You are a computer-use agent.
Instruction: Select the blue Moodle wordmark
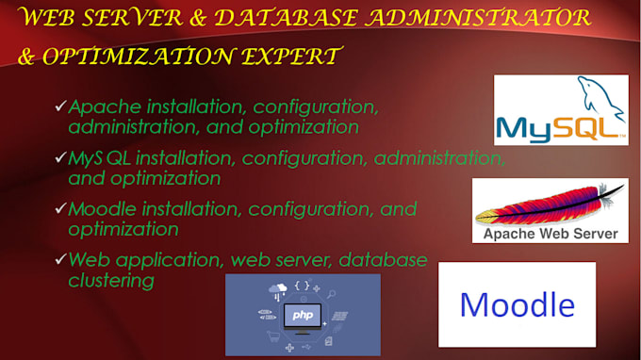[518, 304]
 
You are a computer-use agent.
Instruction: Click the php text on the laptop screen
[303, 315]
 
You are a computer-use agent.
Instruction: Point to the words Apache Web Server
[551, 234]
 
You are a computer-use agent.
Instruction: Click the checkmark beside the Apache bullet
[60, 106]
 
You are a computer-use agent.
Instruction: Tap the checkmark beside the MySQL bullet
[60, 157]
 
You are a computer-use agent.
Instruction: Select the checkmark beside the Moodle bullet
[60, 208]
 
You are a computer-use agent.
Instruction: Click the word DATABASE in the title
[287, 19]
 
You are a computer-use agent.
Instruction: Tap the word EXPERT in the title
[291, 56]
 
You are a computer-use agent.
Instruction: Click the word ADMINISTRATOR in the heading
[478, 18]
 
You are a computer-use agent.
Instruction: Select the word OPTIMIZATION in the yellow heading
[139, 57]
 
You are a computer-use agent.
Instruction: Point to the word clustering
[111, 281]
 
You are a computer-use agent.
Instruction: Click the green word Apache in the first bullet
[105, 107]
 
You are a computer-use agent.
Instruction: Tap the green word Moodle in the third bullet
[102, 209]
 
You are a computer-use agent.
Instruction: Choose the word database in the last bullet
[383, 260]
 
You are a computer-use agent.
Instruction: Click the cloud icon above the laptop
[277, 289]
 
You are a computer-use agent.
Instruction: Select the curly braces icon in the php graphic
[302, 286]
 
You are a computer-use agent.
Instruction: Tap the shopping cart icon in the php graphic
[273, 335]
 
